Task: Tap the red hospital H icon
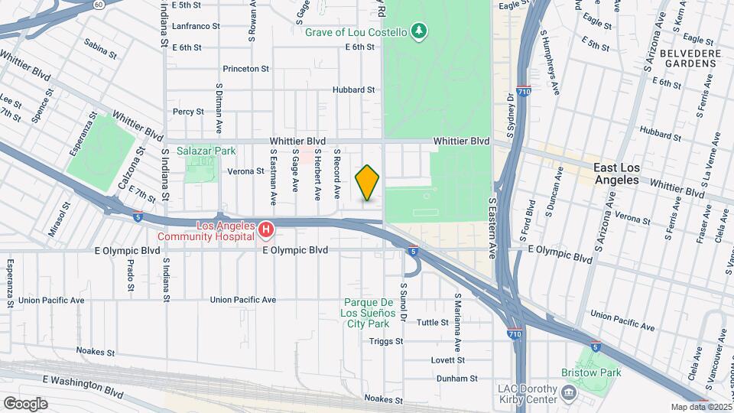[265, 229]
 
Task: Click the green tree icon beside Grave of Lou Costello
[418, 31]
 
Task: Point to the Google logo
[24, 403]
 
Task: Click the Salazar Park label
[207, 151]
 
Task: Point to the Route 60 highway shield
[99, 4]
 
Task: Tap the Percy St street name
[188, 111]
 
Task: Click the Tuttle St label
[433, 323]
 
